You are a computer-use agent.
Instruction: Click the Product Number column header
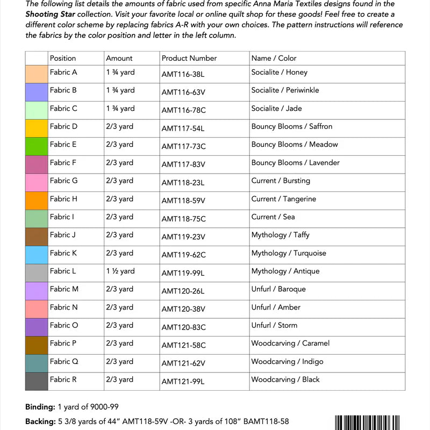(189, 58)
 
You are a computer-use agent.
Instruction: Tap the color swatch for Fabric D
(37, 128)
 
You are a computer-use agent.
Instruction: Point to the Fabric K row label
(63, 253)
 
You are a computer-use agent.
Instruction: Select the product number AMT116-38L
(183, 74)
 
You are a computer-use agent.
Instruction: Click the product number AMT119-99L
(183, 273)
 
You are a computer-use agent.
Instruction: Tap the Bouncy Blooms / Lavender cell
(295, 162)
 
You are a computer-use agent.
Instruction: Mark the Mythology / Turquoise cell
(289, 253)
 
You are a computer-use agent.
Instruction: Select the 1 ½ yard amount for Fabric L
(120, 271)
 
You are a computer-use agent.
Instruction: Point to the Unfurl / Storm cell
(274, 325)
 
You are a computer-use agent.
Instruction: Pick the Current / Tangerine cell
(283, 199)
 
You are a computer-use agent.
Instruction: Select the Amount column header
(119, 58)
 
